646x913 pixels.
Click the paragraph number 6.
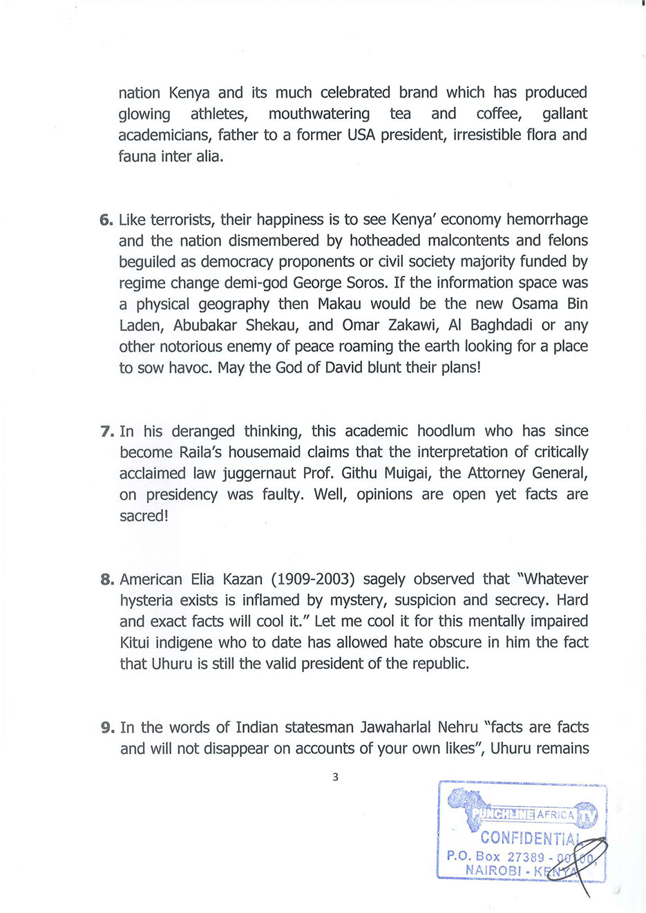(x=106, y=220)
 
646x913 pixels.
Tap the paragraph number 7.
(x=106, y=432)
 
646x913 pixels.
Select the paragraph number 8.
(x=106, y=580)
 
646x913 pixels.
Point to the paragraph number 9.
(x=107, y=728)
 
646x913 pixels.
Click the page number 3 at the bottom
(x=335, y=777)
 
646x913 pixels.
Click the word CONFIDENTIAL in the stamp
(x=529, y=838)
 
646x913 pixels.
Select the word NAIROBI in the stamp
(x=493, y=870)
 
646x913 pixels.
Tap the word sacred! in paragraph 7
(x=144, y=516)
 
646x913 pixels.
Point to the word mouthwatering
(x=319, y=114)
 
